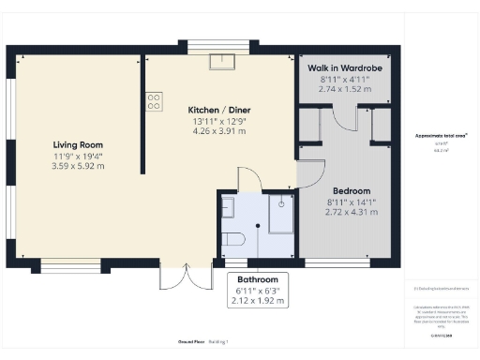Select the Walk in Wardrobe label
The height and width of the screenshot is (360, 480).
click(345, 68)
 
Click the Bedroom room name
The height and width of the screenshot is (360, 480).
click(352, 190)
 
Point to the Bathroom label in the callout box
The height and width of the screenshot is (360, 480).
click(258, 280)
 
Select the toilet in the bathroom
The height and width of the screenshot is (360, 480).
click(232, 241)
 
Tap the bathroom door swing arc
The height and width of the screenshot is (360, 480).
click(247, 179)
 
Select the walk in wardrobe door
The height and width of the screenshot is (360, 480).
click(345, 117)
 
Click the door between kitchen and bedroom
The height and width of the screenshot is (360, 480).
click(310, 172)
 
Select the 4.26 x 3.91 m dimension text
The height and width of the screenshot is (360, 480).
click(220, 131)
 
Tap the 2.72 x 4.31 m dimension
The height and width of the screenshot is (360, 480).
click(352, 213)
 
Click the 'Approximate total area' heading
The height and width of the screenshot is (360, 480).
click(441, 135)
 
